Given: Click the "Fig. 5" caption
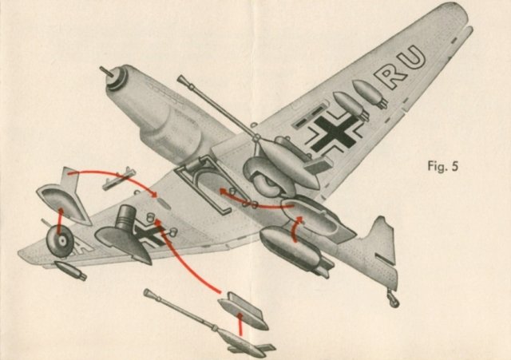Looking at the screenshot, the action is pos(443,166).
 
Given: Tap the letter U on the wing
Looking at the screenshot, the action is pos(412,58).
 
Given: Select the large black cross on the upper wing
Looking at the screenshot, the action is pos(335,133).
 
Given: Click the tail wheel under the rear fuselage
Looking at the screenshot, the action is pos(393,299).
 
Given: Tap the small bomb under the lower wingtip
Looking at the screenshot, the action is pos(70,270).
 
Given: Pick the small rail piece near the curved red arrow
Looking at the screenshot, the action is pos(119,178).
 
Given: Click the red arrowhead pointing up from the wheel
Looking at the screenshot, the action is pos(61,211).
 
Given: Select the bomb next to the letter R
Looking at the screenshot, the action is pos(370,92).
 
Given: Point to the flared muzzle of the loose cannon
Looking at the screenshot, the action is pos(148,293).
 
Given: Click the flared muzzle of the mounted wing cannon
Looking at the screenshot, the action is pos(183,81).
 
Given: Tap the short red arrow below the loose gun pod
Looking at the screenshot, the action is pos(240,324).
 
